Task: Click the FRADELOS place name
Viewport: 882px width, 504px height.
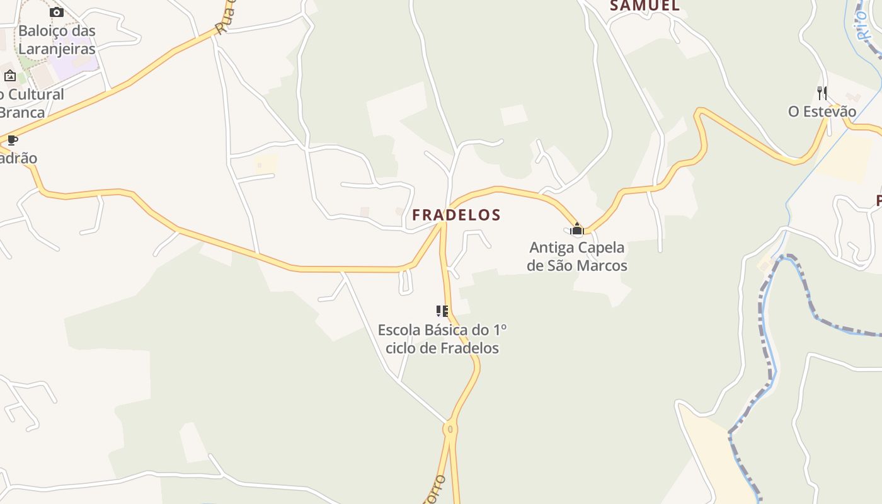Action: tap(456, 215)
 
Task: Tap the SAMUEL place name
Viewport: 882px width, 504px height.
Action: tap(644, 6)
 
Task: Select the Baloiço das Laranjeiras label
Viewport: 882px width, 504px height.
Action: tap(57, 40)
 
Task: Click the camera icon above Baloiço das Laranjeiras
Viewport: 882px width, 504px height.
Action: tap(57, 12)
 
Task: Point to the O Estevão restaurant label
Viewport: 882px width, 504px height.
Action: tap(822, 112)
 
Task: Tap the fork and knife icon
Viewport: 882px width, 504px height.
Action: tap(822, 93)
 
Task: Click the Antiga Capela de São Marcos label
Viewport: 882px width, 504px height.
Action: tap(577, 256)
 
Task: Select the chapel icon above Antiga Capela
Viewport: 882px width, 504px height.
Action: tap(576, 229)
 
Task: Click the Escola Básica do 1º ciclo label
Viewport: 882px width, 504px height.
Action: tap(442, 339)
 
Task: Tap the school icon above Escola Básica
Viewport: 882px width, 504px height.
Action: tap(442, 311)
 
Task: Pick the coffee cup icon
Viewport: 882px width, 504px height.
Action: tap(12, 140)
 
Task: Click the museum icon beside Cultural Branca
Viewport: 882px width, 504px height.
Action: tap(10, 76)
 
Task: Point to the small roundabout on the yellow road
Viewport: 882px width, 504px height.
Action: tap(450, 429)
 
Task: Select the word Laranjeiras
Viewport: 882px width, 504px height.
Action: tap(57, 49)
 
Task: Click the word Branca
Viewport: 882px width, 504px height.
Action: tap(23, 113)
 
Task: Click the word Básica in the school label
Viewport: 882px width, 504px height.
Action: tap(447, 330)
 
